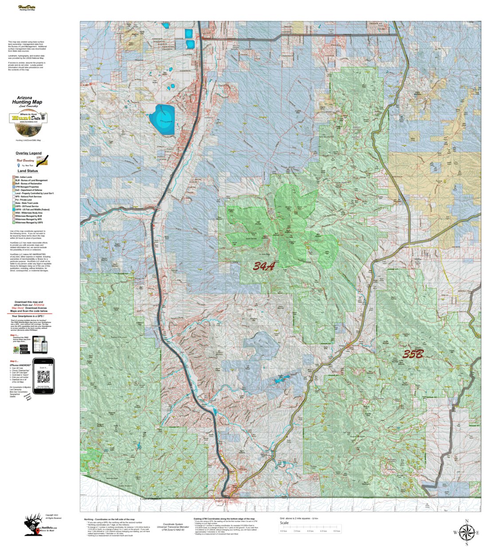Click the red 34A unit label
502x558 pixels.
(264, 266)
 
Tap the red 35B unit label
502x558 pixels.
(413, 354)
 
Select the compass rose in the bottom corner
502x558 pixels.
(466, 531)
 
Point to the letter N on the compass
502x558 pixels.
(466, 521)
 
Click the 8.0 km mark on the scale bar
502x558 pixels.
(337, 531)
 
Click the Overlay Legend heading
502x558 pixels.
(28, 153)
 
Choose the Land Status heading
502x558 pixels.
(27, 171)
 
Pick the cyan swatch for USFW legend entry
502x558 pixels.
(13, 209)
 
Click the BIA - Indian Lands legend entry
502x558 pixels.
(24, 177)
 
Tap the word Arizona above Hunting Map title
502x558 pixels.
(24, 98)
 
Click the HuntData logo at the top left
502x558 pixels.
(27, 8)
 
